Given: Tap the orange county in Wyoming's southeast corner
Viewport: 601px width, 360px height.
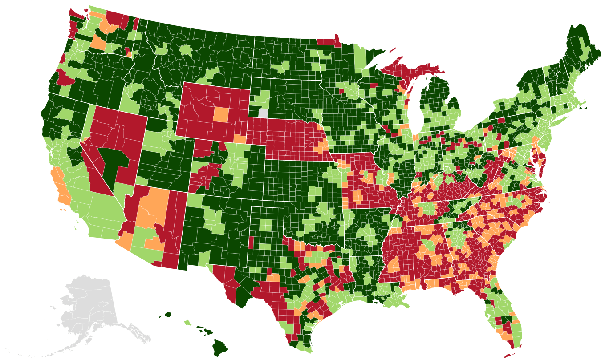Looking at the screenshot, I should point(240,138).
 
